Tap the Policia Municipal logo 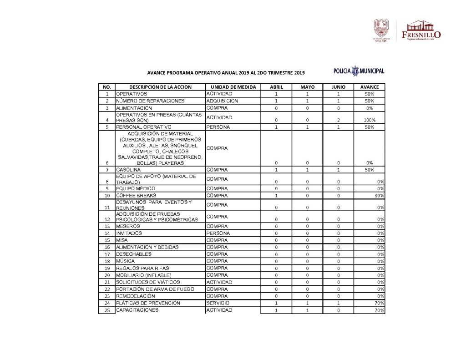coord(359,71)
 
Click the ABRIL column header coord(276,87)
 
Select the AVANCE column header coord(369,87)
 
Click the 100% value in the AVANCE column coord(369,120)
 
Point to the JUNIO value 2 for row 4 coord(339,120)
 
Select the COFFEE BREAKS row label coord(137,195)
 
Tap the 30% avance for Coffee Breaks coord(380,196)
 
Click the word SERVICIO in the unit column coord(218,303)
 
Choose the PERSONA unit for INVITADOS coord(218,233)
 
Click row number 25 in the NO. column coord(107,310)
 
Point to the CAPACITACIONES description coord(137,310)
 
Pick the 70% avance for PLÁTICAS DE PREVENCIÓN coord(380,304)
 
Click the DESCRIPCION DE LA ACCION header coord(160,87)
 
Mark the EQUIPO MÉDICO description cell coord(135,188)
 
